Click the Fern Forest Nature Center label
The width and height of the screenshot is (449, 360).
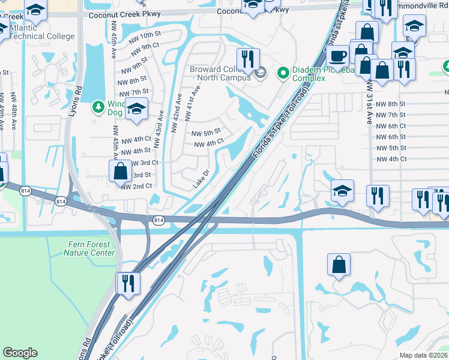(x=89, y=248)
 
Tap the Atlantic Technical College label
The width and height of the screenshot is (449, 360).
(x=42, y=31)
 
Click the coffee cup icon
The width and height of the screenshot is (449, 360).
(x=339, y=56)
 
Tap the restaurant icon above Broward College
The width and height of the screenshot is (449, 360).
(x=247, y=58)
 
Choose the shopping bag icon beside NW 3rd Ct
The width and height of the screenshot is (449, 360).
(x=121, y=171)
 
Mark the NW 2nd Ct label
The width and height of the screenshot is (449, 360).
(x=136, y=187)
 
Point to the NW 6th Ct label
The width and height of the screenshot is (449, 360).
(x=391, y=126)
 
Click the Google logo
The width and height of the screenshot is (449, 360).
(x=20, y=353)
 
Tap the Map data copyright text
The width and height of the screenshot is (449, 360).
(x=424, y=355)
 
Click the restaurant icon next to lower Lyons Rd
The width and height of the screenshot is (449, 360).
(x=128, y=283)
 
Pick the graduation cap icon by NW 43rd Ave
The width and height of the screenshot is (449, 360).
(x=137, y=110)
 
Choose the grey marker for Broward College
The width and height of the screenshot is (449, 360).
(x=260, y=74)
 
